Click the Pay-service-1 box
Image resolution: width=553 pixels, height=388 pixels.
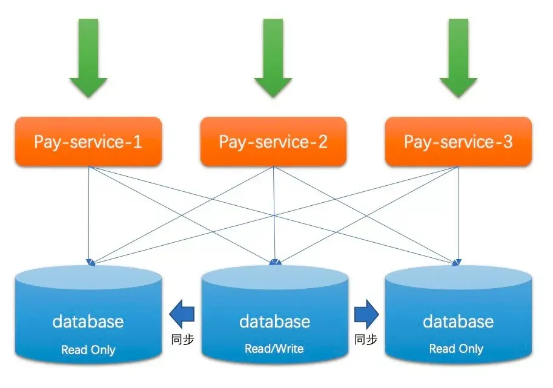click(x=88, y=141)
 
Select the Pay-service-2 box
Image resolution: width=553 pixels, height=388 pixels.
click(x=273, y=141)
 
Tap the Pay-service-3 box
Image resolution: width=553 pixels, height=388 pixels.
click(x=459, y=141)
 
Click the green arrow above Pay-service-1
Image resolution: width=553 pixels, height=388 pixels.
click(x=88, y=58)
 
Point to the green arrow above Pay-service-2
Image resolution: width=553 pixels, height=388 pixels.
click(x=273, y=58)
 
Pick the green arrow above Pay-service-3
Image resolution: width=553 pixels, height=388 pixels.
click(x=459, y=58)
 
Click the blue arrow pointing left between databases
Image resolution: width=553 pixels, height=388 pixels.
click(x=182, y=314)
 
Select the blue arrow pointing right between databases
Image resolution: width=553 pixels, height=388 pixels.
click(x=367, y=314)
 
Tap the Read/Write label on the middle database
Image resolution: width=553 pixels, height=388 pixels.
click(x=274, y=349)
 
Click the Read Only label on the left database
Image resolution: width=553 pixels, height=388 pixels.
click(x=88, y=350)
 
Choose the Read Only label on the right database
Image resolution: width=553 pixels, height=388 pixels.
click(x=456, y=349)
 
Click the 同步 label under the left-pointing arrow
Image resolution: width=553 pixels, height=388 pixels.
click(x=183, y=340)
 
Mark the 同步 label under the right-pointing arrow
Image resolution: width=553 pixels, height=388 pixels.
click(x=366, y=340)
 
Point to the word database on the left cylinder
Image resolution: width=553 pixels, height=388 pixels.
click(x=88, y=321)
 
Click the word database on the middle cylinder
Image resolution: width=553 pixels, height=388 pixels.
click(x=275, y=321)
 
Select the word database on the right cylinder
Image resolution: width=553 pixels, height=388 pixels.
click(x=458, y=321)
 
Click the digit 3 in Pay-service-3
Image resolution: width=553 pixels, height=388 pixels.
click(x=507, y=142)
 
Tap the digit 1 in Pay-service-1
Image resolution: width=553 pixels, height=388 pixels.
click(x=137, y=142)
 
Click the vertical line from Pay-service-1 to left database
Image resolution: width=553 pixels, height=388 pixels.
click(x=88, y=215)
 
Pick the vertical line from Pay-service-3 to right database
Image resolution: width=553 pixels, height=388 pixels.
click(x=459, y=215)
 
